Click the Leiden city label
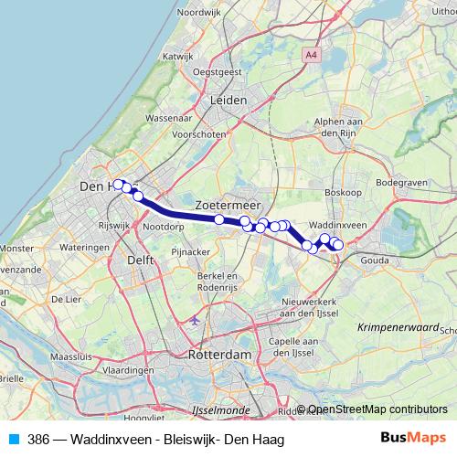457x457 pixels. (229, 101)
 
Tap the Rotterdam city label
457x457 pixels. (219, 355)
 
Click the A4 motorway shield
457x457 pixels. (314, 56)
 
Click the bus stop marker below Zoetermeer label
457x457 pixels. (219, 219)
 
